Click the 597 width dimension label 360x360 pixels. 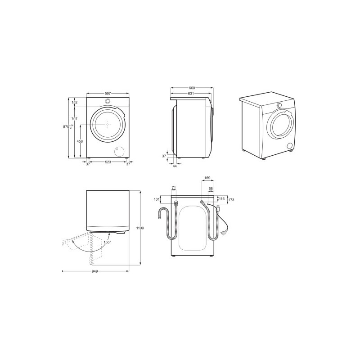pyautogui.click(x=108, y=94)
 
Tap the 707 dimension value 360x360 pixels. pyautogui.click(x=74, y=119)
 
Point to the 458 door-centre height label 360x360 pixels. pyautogui.click(x=80, y=141)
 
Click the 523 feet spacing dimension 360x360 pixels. pyautogui.click(x=108, y=162)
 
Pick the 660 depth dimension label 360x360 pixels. pyautogui.click(x=192, y=88)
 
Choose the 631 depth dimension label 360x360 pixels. pyautogui.click(x=191, y=94)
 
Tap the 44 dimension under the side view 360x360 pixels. pyautogui.click(x=175, y=166)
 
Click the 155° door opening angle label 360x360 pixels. pyautogui.click(x=107, y=242)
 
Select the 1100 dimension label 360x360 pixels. pyautogui.click(x=140, y=228)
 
